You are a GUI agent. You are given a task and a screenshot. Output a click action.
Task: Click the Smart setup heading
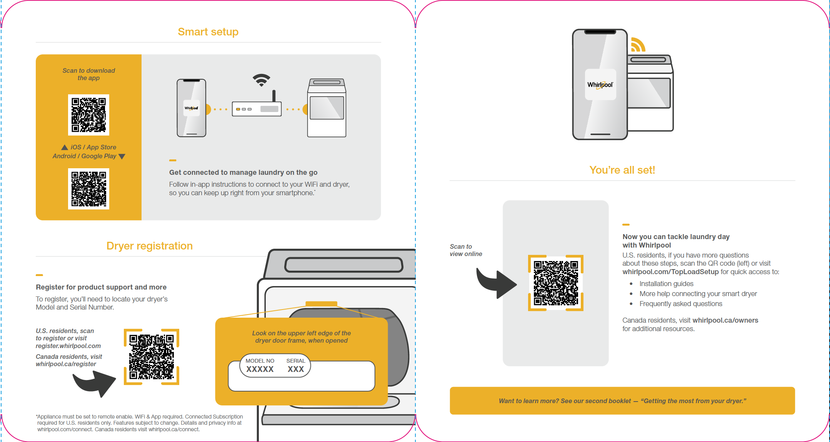[208, 32]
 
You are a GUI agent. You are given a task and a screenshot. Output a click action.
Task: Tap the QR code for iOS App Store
[88, 115]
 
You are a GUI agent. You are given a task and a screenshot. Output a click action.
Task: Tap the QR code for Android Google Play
[88, 189]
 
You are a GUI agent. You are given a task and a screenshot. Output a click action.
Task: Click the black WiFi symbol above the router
[262, 80]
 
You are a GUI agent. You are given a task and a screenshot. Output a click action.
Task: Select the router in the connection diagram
[257, 108]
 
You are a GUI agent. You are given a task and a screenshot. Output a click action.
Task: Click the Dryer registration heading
[149, 246]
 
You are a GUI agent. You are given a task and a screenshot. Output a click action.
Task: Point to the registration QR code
[152, 357]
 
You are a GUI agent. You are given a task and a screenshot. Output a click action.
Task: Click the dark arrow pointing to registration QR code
[95, 383]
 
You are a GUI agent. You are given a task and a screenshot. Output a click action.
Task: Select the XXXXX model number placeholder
[260, 369]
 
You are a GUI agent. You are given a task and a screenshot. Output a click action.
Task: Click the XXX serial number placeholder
[296, 369]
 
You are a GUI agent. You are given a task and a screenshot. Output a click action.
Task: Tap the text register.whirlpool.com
[68, 346]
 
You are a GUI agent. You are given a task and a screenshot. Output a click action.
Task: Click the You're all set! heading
[622, 170]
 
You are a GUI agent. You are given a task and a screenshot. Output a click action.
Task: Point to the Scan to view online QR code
[556, 283]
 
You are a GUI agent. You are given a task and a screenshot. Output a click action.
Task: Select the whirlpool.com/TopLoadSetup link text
[670, 272]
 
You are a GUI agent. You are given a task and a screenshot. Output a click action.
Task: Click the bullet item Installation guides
[666, 284]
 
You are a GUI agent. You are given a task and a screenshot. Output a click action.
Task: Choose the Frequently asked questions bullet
[681, 304]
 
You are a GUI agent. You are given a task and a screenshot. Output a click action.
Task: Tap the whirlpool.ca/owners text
[725, 320]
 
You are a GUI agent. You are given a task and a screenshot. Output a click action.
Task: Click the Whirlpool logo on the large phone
[600, 85]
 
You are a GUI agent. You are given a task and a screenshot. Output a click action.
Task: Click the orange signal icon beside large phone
[638, 45]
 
